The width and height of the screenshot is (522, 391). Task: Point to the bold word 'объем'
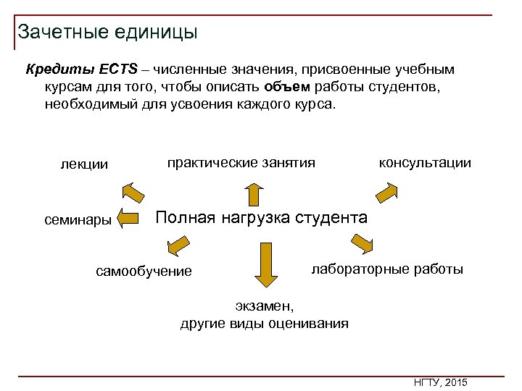coord(288,87)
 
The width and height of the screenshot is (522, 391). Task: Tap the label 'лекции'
coord(84,164)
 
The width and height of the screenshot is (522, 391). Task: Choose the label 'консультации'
coord(425,163)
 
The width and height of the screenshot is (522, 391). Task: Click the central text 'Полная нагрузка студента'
coord(262,217)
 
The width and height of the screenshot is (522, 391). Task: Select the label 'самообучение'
coord(144,272)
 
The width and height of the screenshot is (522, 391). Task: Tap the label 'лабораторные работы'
coord(387,269)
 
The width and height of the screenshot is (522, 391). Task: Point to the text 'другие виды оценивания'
coord(264,324)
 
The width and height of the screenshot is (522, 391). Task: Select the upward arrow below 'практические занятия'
coord(253,195)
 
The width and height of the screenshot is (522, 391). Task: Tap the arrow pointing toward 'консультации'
coord(386,193)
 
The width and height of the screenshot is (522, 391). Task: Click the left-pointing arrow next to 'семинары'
coord(128,218)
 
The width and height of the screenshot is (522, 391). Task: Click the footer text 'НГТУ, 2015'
coord(440,382)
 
